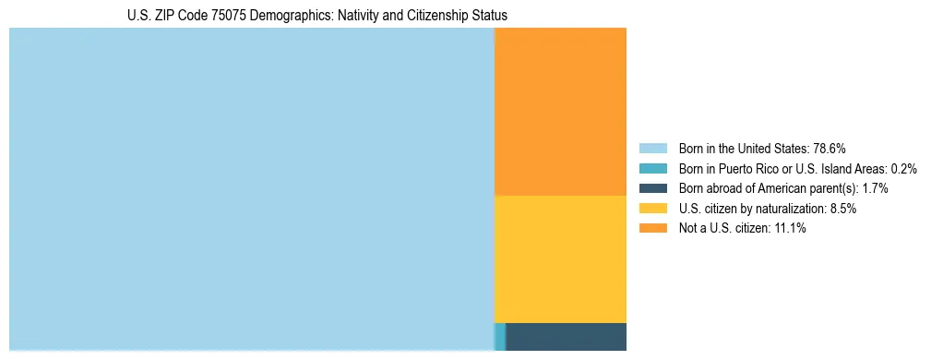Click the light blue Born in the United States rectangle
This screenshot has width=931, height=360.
pyautogui.click(x=251, y=189)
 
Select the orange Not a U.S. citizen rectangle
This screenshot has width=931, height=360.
pyautogui.click(x=560, y=111)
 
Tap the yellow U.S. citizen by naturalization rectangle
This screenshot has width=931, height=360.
pyautogui.click(x=560, y=258)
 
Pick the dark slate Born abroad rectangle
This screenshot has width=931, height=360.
pyautogui.click(x=567, y=337)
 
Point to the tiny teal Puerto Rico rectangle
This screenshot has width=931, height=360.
pyautogui.click(x=500, y=337)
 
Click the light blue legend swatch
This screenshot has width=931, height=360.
pyautogui.click(x=653, y=149)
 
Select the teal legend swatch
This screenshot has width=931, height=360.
pyautogui.click(x=653, y=169)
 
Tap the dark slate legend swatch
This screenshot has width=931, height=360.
pyautogui.click(x=653, y=188)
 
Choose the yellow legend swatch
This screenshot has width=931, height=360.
pyautogui.click(x=653, y=209)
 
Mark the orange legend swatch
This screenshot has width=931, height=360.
pyautogui.click(x=653, y=229)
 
